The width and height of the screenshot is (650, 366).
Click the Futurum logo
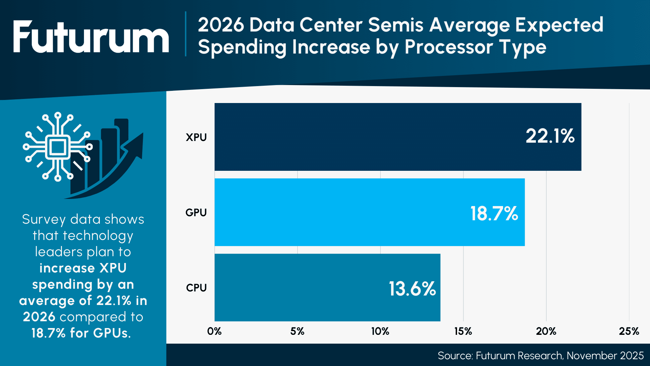(x=91, y=37)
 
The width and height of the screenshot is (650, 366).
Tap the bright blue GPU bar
(x=339, y=212)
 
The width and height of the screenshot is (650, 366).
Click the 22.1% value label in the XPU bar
(x=550, y=136)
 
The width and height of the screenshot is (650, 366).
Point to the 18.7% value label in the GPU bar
(x=494, y=213)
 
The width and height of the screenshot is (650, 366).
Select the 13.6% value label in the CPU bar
(x=412, y=289)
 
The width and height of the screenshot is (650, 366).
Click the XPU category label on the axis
(x=196, y=137)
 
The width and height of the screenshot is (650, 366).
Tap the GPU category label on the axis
(x=196, y=212)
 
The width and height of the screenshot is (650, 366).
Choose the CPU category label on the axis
(x=196, y=288)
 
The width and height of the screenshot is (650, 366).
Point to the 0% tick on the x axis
(x=214, y=331)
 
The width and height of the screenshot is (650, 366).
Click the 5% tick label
(x=297, y=331)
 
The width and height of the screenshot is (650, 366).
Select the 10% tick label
(x=380, y=331)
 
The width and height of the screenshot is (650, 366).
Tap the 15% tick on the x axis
(x=463, y=331)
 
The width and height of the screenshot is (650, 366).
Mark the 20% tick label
(x=546, y=331)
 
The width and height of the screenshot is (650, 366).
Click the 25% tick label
(x=629, y=331)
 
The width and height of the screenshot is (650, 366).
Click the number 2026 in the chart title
(x=221, y=25)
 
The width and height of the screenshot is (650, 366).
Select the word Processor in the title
(x=448, y=47)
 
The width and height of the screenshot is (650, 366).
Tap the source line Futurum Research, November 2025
(x=540, y=355)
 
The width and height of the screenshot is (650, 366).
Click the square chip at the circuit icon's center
(x=58, y=147)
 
